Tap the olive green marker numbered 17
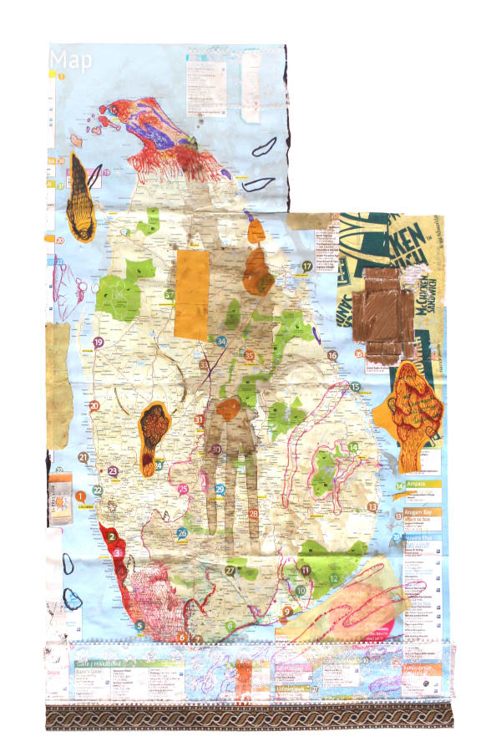click(306, 267)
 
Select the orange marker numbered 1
click(81, 497)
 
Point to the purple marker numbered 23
click(113, 471)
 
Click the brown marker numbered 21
click(83, 457)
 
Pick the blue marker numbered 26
click(181, 532)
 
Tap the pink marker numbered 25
click(183, 490)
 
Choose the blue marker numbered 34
click(221, 341)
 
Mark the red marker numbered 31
click(199, 419)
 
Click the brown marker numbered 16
click(331, 355)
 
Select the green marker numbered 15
click(355, 387)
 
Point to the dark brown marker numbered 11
click(306, 570)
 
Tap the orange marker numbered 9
click(286, 612)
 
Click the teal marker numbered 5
click(139, 624)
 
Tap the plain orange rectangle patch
click(192, 294)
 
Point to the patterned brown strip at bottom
click(250, 717)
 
